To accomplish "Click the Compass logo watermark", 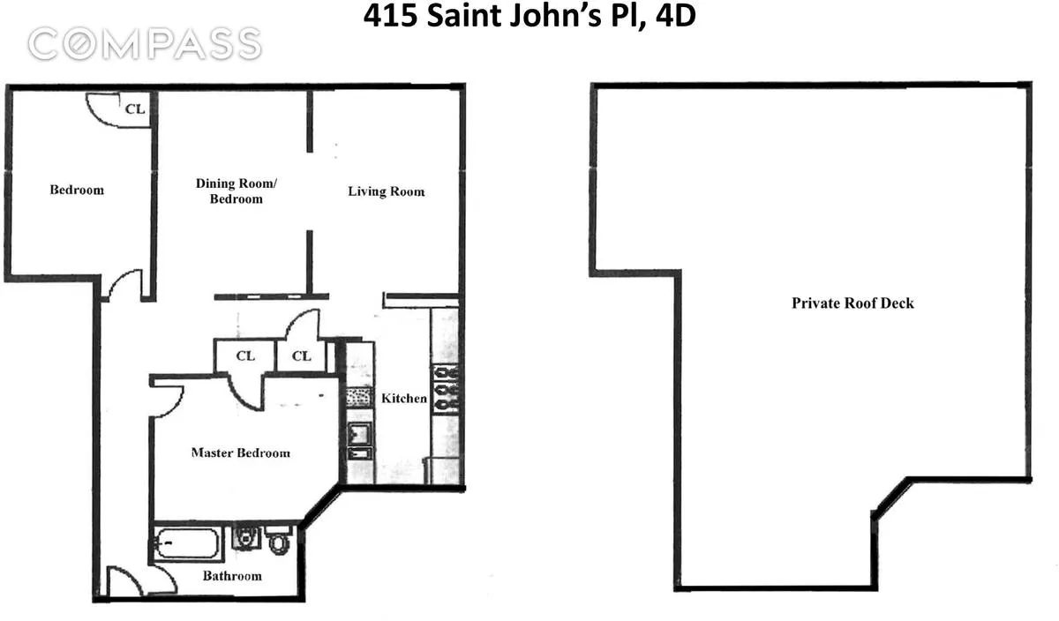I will [x=144, y=43].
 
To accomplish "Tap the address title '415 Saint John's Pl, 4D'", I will [x=529, y=17].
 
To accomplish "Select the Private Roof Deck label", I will [x=852, y=303].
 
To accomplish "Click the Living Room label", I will [x=386, y=191].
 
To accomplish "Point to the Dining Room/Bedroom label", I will [x=236, y=191].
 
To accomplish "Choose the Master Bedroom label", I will [x=240, y=453].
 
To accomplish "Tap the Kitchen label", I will [x=404, y=399].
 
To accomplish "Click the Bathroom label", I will [x=232, y=576].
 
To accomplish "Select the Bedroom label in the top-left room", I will [x=76, y=190].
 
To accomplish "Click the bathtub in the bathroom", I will [x=186, y=542].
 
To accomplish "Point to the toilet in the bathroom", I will [x=279, y=539].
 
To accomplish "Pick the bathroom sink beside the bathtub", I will [x=244, y=538].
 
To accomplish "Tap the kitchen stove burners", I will [x=447, y=389].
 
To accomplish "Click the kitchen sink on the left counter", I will [x=360, y=434].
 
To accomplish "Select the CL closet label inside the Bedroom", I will [x=134, y=109].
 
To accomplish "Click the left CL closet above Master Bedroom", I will [x=244, y=356].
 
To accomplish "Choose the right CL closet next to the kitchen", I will [x=301, y=356].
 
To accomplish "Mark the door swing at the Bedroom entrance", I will [x=124, y=284].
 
